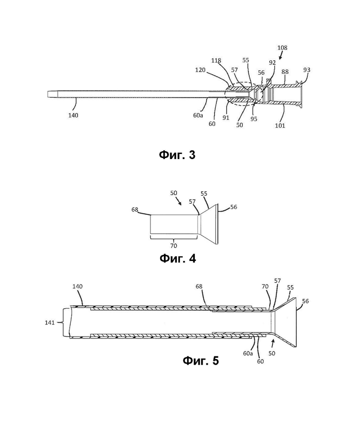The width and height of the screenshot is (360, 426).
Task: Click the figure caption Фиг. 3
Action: pyautogui.click(x=177, y=155)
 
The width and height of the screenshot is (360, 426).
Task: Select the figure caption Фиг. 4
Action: pyautogui.click(x=178, y=258)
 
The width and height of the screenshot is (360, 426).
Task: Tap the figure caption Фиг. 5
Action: pyautogui.click(x=201, y=361)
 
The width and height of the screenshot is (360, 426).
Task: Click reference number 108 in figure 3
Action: pyautogui.click(x=282, y=47)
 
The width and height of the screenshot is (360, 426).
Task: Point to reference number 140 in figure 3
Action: pyautogui.click(x=73, y=115)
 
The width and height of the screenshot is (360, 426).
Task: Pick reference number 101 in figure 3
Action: pyautogui.click(x=280, y=125)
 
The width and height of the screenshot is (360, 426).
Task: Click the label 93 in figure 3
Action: pyautogui.click(x=307, y=70)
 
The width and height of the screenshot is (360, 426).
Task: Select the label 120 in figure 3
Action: pyautogui.click(x=200, y=70)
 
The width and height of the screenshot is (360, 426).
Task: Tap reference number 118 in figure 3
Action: pyautogui.click(x=216, y=60)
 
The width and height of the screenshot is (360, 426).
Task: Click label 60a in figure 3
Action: pyautogui.click(x=198, y=115)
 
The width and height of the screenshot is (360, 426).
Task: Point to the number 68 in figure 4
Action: pyautogui.click(x=135, y=210)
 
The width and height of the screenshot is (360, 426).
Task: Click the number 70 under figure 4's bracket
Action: pyautogui.click(x=174, y=246)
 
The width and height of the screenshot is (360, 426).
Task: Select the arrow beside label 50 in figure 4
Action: pyautogui.click(x=179, y=201)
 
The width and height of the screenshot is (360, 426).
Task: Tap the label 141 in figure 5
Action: pyautogui.click(x=50, y=322)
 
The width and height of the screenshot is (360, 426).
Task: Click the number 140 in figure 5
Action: pyautogui.click(x=78, y=286)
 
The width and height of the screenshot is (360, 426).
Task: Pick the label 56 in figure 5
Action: pyautogui.click(x=306, y=301)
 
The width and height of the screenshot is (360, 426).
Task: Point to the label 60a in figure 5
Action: pyautogui.click(x=248, y=353)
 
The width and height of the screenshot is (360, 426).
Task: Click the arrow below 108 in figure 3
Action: pyautogui.click(x=281, y=56)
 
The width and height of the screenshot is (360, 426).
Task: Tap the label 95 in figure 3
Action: pyautogui.click(x=254, y=119)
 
